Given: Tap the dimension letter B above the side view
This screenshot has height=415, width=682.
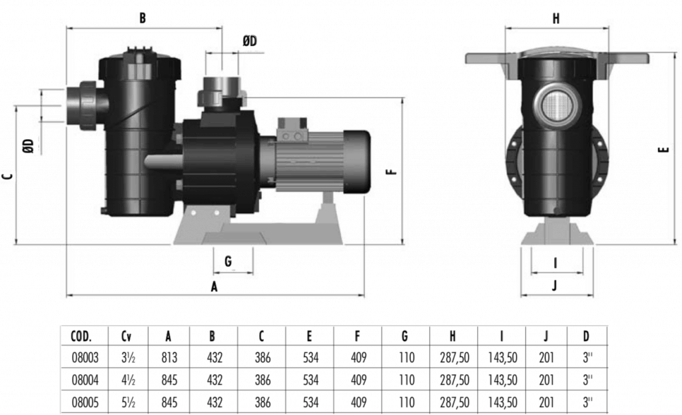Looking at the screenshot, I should point(142,19).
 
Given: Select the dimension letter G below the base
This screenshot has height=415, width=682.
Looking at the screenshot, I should point(228,262).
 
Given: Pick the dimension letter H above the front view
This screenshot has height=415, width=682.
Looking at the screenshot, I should point(556,19).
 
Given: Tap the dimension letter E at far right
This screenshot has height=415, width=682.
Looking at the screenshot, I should point(663,151).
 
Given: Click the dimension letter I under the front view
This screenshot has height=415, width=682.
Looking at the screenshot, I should point(555,262).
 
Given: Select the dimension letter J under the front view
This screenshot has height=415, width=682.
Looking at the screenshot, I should point(555,286).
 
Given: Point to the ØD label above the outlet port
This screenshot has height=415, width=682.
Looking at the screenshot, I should point(249,42).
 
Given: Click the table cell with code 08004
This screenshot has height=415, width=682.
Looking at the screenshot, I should point(85,380).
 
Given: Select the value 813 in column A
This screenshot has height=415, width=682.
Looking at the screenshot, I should point(169,358).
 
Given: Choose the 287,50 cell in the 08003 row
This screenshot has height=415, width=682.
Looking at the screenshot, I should point(455,358).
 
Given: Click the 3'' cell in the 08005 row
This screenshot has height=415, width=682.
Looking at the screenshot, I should point(587,402).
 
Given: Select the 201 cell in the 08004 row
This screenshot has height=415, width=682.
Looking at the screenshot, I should point(546,380).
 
